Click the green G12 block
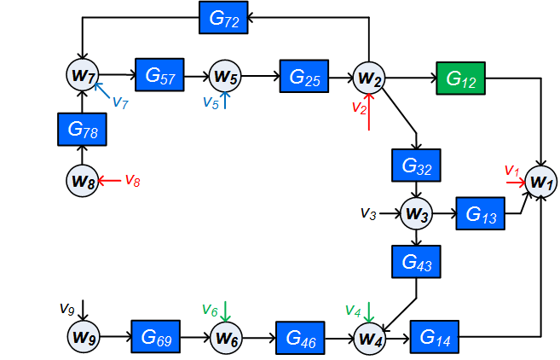click(x=460, y=78)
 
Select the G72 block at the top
click(x=223, y=17)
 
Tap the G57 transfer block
click(x=159, y=76)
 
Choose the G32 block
click(x=415, y=165)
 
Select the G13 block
click(x=482, y=213)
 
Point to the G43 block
click(x=415, y=260)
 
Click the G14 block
click(x=435, y=336)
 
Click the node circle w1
click(x=541, y=180)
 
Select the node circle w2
click(x=370, y=78)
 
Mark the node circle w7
click(x=83, y=76)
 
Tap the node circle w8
click(x=83, y=180)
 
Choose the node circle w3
click(x=415, y=212)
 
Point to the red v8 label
click(x=132, y=180)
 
